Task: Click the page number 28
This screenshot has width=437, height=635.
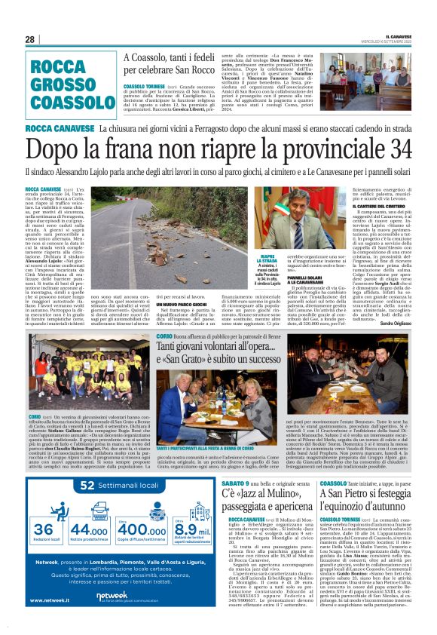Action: coord(29,40)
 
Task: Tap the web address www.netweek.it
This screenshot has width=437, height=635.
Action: coord(47,600)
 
